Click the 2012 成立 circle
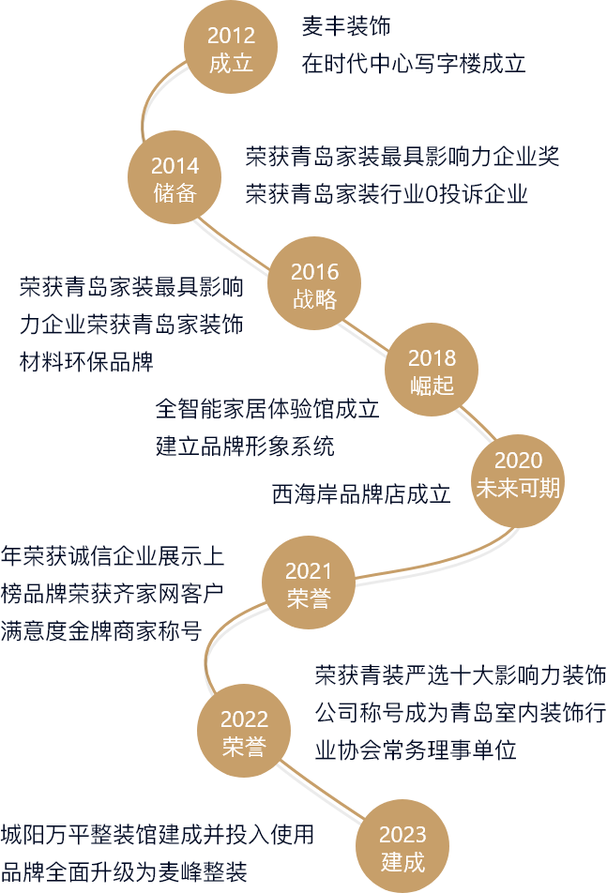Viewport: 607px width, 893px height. pos(231,50)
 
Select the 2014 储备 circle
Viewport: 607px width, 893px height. pos(175,179)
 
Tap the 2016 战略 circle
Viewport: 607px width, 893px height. pos(314,285)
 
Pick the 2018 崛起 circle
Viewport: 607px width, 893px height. pos(432,371)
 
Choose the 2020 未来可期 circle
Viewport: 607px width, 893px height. pos(518,474)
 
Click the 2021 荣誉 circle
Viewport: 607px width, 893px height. pos(309,584)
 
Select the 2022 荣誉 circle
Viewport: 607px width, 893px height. pos(244,733)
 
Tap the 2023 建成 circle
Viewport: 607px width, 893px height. pos(402,848)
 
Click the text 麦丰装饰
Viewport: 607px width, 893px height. pos(346,27)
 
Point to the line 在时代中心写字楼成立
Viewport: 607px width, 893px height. pos(413,64)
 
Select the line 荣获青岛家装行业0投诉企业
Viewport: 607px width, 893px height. pos(387,194)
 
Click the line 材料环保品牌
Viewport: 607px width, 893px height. pos(86,361)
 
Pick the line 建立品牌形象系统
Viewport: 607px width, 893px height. pos(245,446)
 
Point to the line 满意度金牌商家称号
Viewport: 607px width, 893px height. pos(101,629)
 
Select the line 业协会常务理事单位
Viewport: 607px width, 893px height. pos(416,750)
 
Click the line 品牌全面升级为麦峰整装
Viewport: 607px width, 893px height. pos(124,872)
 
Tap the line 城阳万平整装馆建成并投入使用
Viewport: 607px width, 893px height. pos(157,834)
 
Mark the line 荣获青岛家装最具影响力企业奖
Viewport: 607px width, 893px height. pos(402,156)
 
